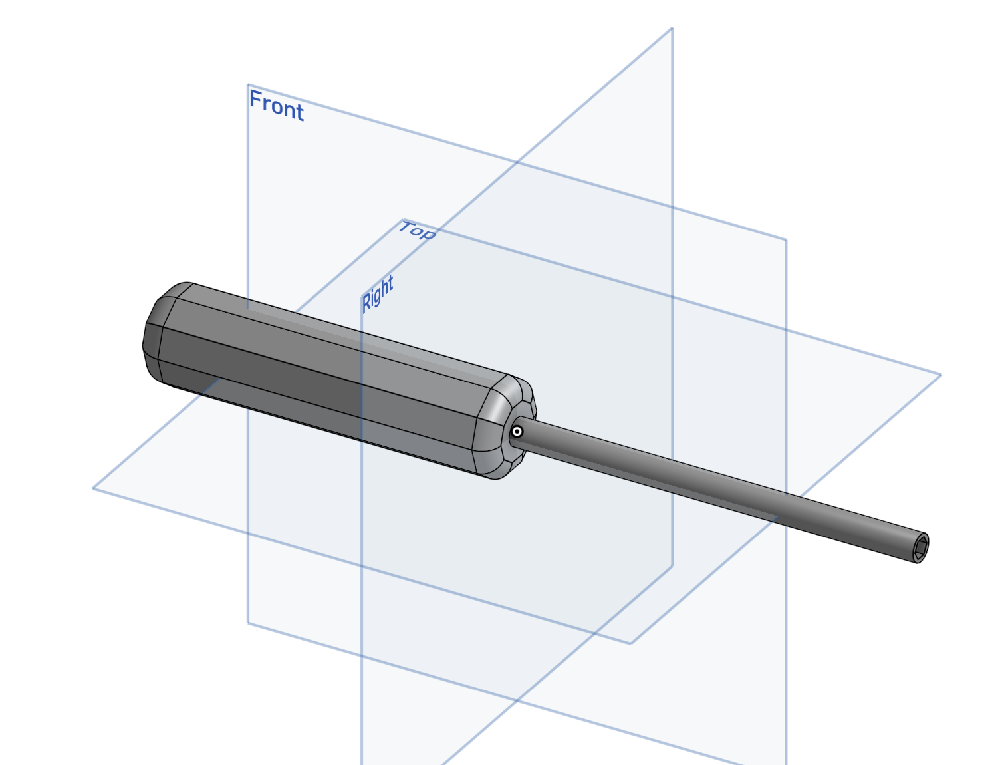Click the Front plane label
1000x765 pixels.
click(277, 105)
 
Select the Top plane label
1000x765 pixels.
click(417, 230)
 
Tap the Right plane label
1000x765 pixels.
click(377, 294)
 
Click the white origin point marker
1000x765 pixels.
click(517, 432)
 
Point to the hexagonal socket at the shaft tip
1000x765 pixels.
click(921, 547)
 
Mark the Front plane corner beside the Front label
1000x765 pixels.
click(248, 84)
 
